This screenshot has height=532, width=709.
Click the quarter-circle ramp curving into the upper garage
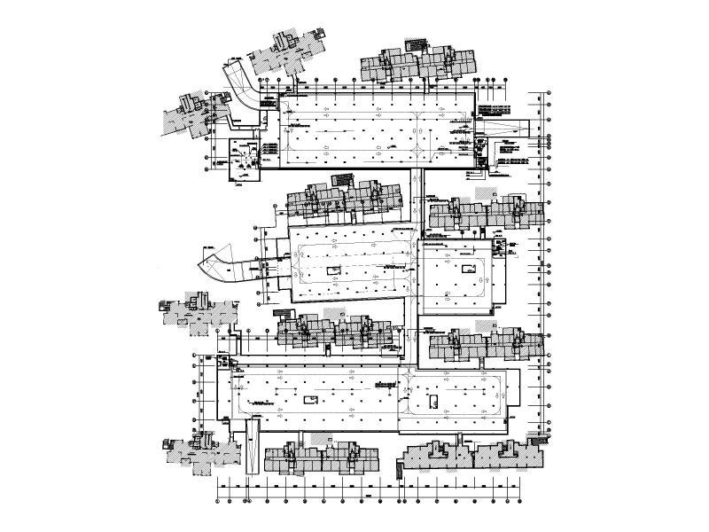pos(241,85)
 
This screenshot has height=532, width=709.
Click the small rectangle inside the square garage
pos(464,265)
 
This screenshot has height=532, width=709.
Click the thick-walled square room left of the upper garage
pos(242,160)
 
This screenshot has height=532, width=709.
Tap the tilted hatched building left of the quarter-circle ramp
pos(191,113)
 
